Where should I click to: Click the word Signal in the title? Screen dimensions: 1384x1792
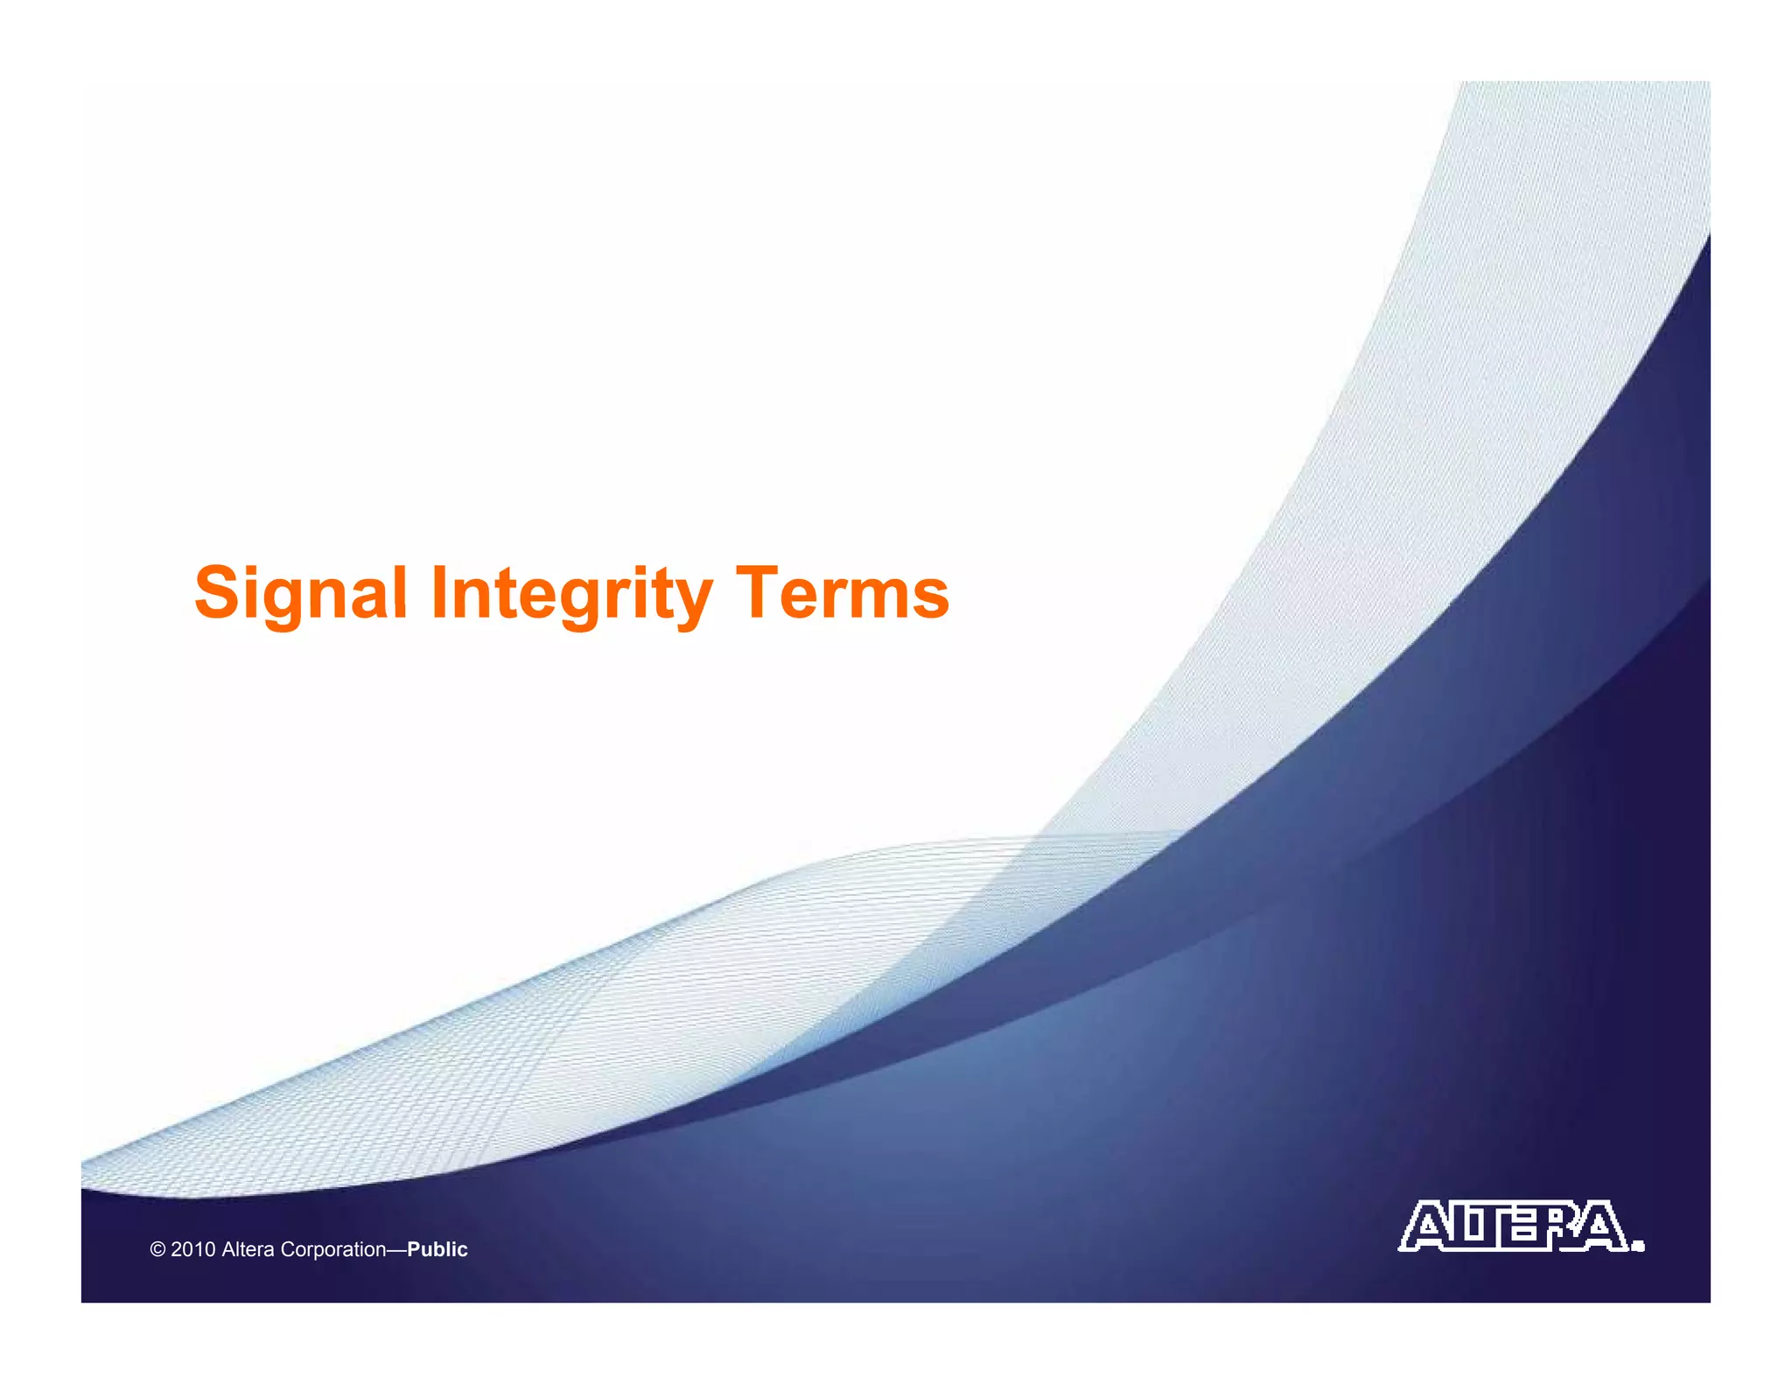(300, 594)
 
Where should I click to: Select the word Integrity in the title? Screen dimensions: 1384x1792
(571, 594)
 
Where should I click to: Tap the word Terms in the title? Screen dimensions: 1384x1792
(842, 594)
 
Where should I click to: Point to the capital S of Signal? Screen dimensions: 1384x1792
(217, 593)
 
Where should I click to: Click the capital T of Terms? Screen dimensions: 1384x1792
(758, 593)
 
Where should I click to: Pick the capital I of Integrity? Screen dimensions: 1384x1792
(439, 593)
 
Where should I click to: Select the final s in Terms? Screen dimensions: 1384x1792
(930, 599)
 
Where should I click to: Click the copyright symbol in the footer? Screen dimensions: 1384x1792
(157, 1249)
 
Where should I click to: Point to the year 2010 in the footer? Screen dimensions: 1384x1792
(192, 1249)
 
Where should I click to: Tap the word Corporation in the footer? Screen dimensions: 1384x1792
(332, 1249)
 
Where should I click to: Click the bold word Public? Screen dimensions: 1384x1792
(437, 1249)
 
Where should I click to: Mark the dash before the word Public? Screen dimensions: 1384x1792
(396, 1249)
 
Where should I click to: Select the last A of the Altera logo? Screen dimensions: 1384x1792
(1603, 1227)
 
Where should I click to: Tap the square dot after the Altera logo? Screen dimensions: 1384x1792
(1638, 1246)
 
